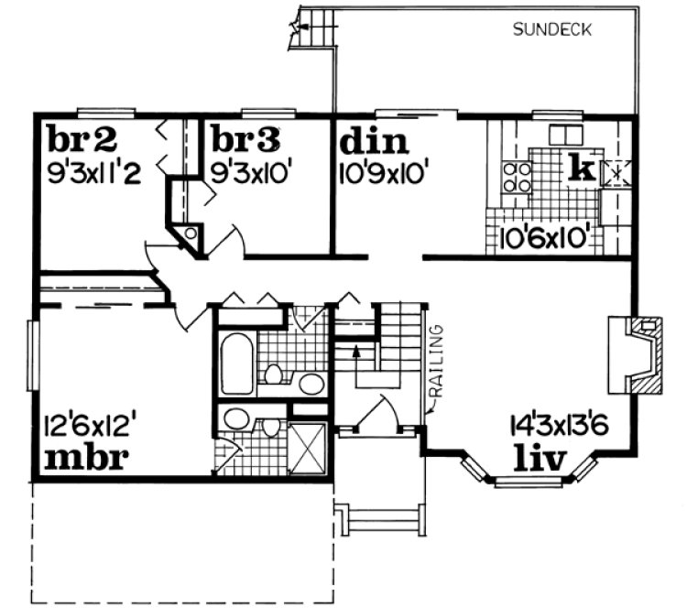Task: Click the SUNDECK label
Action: (x=552, y=29)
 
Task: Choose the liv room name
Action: (x=540, y=454)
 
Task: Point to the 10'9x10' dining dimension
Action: (x=385, y=172)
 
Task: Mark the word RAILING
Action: (x=439, y=356)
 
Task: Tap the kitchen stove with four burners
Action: (x=517, y=177)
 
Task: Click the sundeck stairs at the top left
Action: (x=311, y=27)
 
